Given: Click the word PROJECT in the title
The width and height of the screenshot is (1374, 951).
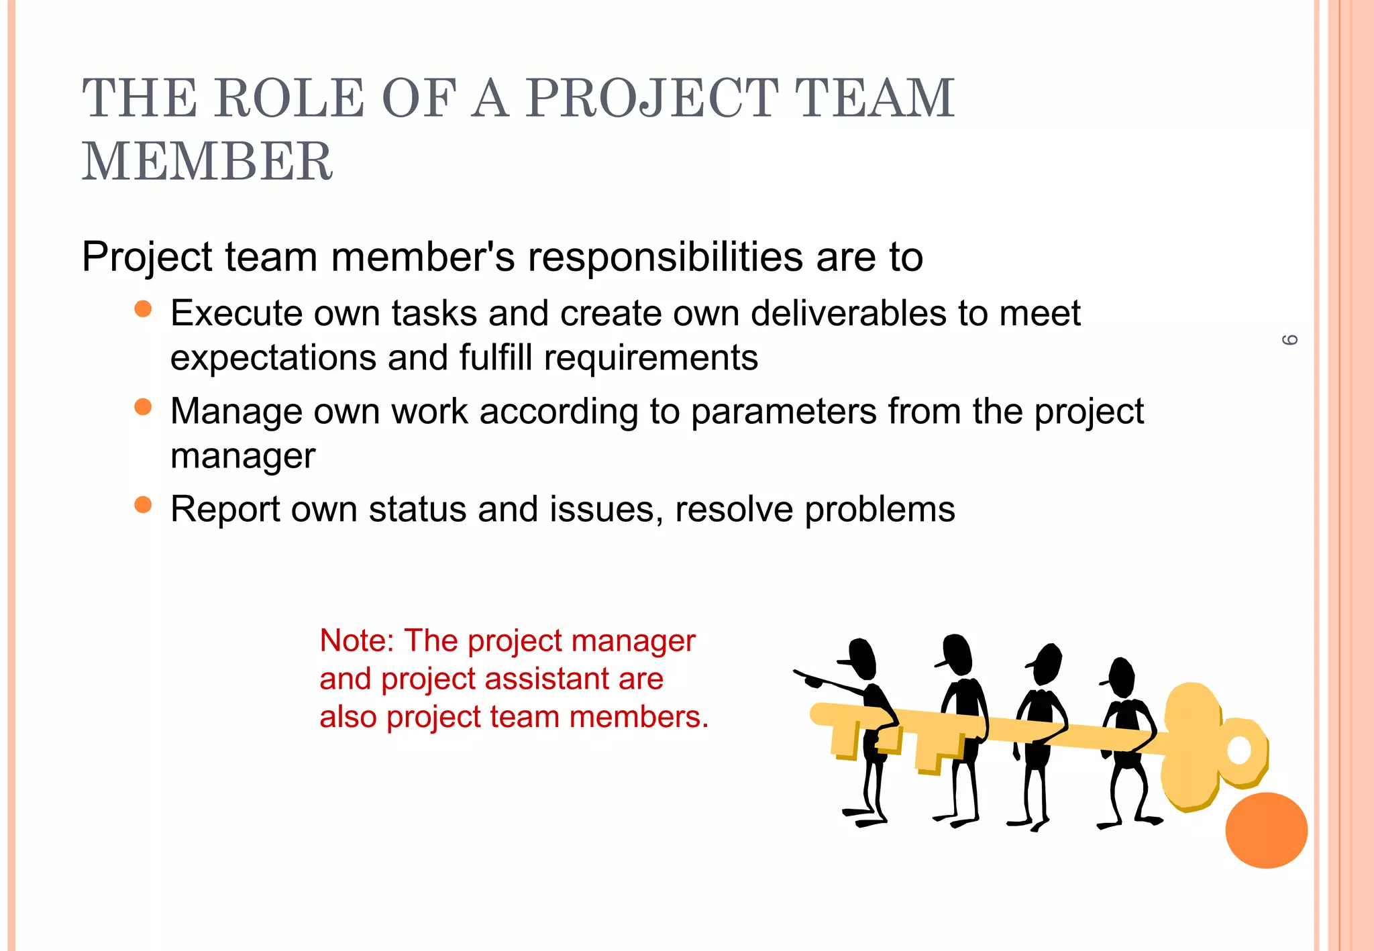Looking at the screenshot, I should pos(651,98).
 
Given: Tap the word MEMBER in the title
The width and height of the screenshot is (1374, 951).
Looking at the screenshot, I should pos(207,162).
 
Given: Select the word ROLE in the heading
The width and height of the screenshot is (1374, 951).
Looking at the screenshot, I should pos(289,98).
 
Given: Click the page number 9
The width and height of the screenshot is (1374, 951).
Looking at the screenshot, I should pos(1289,340).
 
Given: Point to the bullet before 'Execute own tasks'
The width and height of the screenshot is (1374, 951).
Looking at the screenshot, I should pos(143,309).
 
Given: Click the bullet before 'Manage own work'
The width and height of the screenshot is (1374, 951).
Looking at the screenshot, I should pos(143,406).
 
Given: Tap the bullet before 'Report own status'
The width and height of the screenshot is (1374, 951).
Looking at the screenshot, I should pos(143,504).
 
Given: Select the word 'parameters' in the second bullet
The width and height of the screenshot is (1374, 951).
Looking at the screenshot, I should pos(783,411).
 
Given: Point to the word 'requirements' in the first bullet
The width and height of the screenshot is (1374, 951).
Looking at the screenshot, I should pos(651,357).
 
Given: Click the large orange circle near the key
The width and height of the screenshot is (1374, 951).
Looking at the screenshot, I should pos(1266,830).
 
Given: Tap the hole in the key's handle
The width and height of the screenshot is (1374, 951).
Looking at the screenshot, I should pos(1238,750).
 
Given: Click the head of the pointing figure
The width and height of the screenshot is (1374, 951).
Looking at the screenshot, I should pos(861,657).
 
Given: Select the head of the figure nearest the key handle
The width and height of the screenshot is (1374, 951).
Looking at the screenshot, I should pos(1121,676).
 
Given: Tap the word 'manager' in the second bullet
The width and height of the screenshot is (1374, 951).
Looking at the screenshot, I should pos(243,456).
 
